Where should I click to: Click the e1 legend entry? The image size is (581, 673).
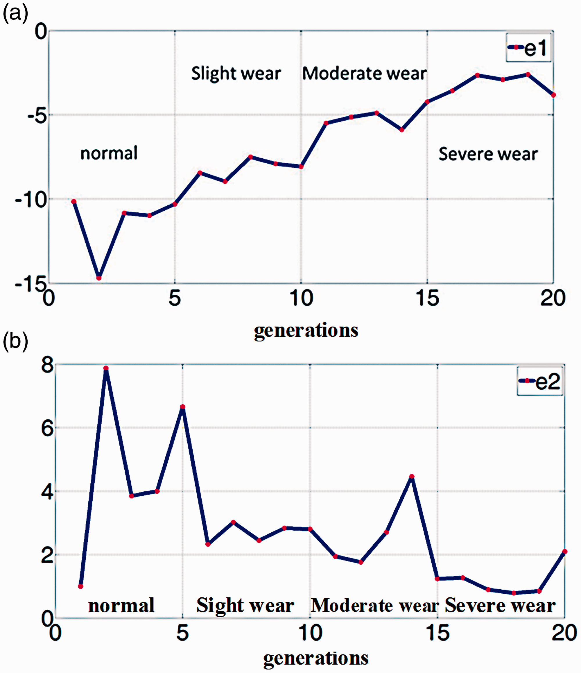pyautogui.click(x=528, y=47)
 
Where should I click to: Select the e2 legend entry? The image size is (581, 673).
pyautogui.click(x=540, y=381)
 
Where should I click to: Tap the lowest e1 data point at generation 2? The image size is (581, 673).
pyautogui.click(x=99, y=278)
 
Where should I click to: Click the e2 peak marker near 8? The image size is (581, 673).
pyautogui.click(x=106, y=368)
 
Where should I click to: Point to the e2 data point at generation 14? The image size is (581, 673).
pyautogui.click(x=412, y=477)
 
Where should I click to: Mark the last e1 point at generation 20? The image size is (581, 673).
pyautogui.click(x=553, y=95)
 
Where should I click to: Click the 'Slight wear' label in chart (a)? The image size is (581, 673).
pyautogui.click(x=236, y=74)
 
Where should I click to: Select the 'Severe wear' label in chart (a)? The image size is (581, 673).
pyautogui.click(x=488, y=154)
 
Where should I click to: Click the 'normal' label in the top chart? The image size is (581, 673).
pyautogui.click(x=109, y=153)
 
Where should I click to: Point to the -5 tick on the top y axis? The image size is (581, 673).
pyautogui.click(x=37, y=115)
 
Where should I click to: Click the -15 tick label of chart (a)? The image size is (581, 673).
pyautogui.click(x=31, y=284)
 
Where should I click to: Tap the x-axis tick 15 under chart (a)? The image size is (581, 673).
pyautogui.click(x=427, y=298)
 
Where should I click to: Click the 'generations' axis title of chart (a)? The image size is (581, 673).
pyautogui.click(x=306, y=330)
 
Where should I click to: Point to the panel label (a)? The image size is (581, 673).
pyautogui.click(x=15, y=14)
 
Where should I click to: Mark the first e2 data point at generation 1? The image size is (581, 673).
pyautogui.click(x=80, y=586)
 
